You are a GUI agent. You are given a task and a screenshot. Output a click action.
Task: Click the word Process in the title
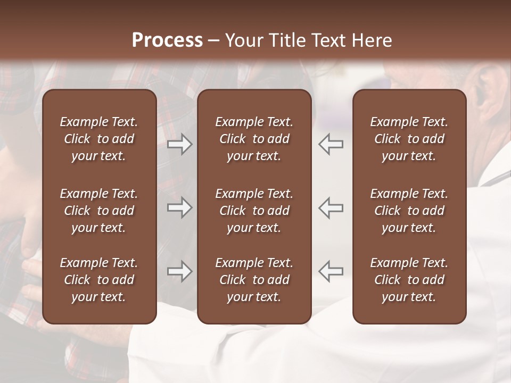click(167, 40)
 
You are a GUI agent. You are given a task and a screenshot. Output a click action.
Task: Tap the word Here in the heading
click(372, 40)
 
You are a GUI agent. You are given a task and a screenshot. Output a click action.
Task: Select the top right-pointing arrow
click(180, 144)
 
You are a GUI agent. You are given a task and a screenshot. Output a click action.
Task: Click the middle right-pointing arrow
click(180, 207)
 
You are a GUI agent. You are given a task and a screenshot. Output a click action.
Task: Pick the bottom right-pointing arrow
click(180, 271)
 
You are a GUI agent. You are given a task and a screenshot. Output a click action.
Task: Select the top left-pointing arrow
click(331, 144)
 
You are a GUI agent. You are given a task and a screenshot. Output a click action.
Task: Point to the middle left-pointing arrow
click(331, 207)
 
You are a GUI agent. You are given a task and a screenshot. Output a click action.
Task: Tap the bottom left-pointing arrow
click(331, 271)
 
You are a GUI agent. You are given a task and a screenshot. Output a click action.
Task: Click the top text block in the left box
click(99, 139)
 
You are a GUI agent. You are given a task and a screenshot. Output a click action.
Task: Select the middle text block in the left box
click(99, 211)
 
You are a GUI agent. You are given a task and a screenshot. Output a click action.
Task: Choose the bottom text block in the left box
click(99, 280)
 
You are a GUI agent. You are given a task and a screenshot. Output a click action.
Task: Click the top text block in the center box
click(254, 139)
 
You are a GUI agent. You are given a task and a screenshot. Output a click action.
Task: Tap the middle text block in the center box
click(254, 211)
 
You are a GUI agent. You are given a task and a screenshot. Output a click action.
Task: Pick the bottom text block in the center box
click(254, 280)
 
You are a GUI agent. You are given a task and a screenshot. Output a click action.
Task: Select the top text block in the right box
click(409, 139)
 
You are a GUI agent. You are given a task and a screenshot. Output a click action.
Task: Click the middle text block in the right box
click(409, 211)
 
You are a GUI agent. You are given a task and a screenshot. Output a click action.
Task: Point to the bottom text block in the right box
click(409, 280)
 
